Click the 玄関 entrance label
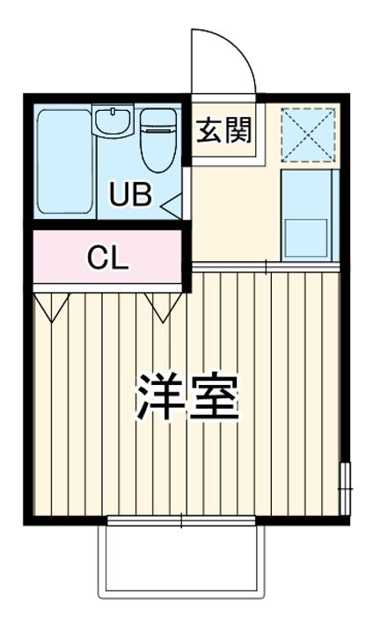(224, 130)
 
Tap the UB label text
(130, 194)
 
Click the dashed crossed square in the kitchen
(308, 135)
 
